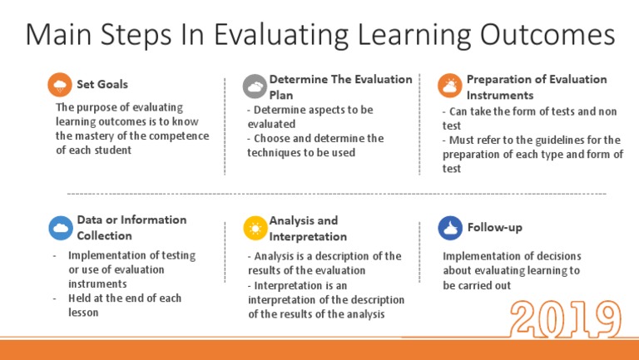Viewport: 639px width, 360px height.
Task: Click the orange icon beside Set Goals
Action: pos(60,85)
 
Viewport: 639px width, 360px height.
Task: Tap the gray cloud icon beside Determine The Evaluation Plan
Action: pos(255,86)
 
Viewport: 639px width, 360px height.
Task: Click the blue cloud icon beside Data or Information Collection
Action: pos(60,227)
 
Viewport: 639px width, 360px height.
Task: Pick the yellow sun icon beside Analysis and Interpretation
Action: pos(255,228)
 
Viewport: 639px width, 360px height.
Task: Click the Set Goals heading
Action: pos(102,85)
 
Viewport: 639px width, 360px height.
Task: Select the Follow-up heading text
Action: pos(495,227)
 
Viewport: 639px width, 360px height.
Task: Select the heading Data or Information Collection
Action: pos(131,227)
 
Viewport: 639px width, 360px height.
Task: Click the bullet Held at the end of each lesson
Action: pos(125,305)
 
